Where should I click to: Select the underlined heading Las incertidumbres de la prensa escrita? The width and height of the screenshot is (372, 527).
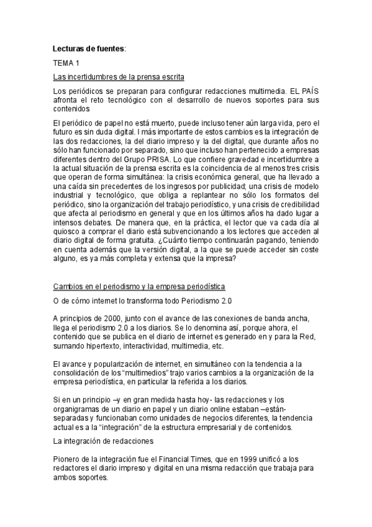click(x=119, y=76)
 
